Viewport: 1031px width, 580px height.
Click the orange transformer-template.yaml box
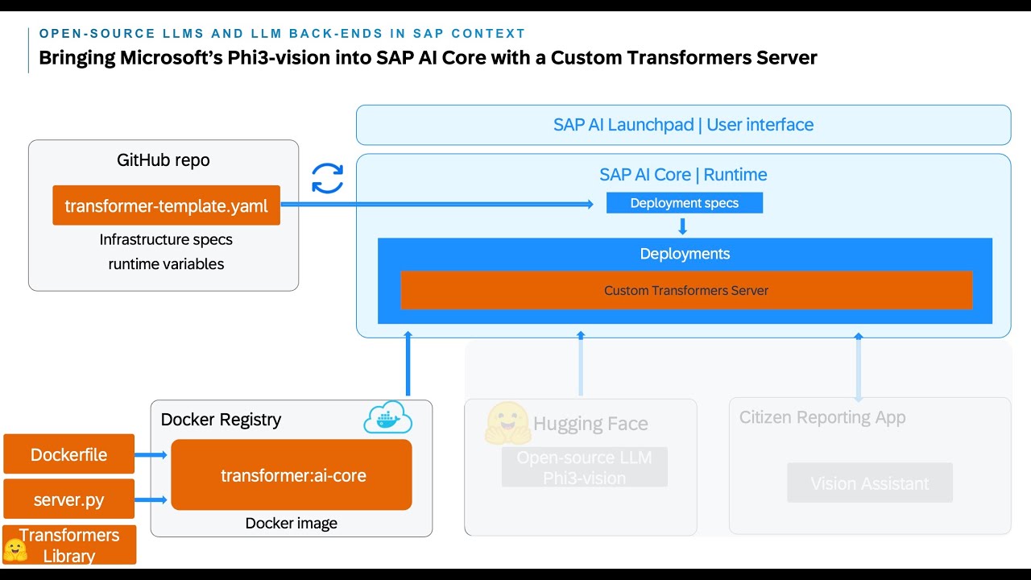click(166, 205)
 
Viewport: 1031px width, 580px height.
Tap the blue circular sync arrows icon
click(328, 178)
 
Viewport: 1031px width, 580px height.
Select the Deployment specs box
click(684, 203)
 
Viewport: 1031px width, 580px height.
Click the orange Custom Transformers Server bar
click(686, 290)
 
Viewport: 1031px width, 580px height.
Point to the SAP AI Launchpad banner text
click(683, 125)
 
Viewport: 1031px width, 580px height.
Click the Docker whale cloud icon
click(387, 418)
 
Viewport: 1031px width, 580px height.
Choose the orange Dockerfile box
click(68, 454)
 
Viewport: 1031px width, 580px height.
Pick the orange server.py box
click(68, 499)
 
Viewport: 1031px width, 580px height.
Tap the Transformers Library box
click(69, 545)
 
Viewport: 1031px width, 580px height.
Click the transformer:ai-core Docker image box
click(292, 475)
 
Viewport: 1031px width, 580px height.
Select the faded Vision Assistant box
click(869, 483)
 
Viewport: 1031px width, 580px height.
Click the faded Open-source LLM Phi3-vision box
click(584, 467)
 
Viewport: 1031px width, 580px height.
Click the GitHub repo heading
click(164, 160)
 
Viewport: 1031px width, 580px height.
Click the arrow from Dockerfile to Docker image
click(151, 455)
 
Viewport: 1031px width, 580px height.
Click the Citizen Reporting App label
click(822, 417)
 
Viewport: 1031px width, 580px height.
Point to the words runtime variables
click(166, 263)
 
